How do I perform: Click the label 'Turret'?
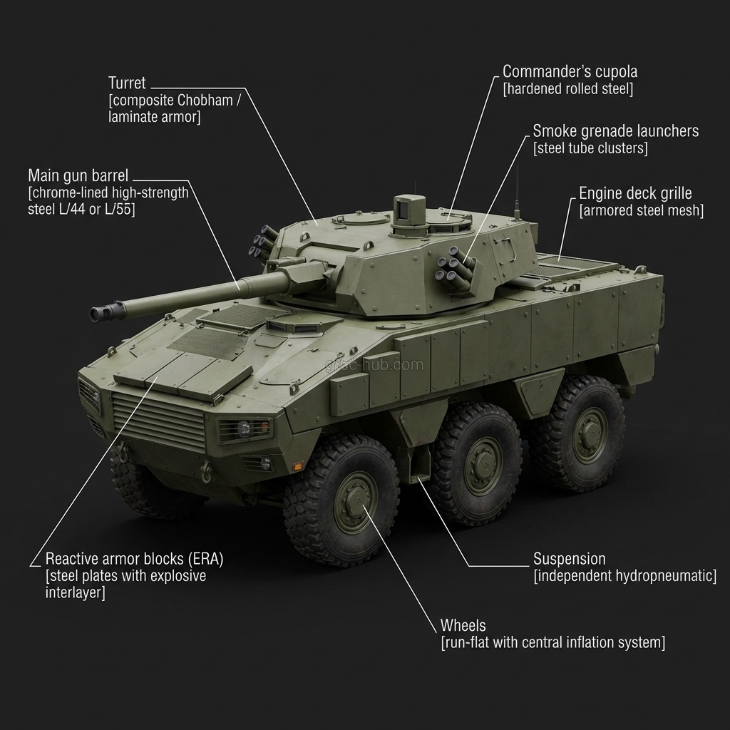coord(127,83)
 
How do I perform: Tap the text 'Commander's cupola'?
coord(570,72)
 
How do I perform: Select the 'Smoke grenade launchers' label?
coord(615,131)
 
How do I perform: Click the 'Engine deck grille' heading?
coord(634,193)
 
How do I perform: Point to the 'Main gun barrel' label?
coord(79,175)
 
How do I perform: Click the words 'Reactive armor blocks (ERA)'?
coord(134,559)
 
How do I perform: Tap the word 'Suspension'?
coord(569,559)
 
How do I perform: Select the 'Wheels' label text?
coord(463,626)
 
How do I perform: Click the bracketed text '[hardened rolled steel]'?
coord(567,89)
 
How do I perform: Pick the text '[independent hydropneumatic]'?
coord(624,576)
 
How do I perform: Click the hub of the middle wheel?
coord(484,456)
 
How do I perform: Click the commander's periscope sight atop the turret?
coord(404,210)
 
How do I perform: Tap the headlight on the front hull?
coord(244,428)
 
